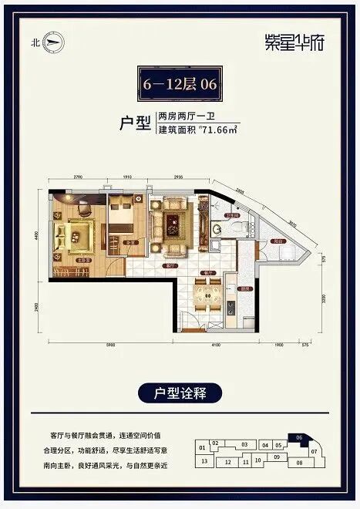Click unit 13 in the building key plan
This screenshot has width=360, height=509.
(x=204, y=461)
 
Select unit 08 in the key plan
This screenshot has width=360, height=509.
(x=299, y=463)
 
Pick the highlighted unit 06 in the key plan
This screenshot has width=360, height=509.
(x=298, y=437)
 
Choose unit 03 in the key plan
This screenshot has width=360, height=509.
(x=244, y=445)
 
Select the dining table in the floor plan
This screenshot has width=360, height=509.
(x=207, y=295)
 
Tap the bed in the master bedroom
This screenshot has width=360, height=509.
(x=77, y=232)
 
